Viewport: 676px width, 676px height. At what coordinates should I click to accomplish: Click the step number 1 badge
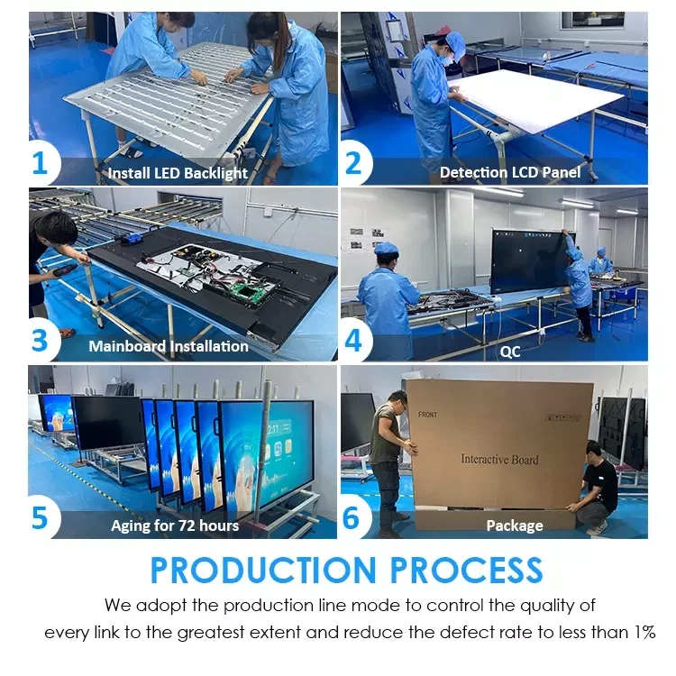[x=41, y=164]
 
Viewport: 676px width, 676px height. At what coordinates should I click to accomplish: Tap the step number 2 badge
[x=355, y=164]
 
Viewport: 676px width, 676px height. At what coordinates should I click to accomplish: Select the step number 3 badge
[x=41, y=341]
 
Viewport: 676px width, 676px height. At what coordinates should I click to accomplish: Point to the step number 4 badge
[x=354, y=341]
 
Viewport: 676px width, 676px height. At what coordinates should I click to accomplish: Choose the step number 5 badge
[x=41, y=517]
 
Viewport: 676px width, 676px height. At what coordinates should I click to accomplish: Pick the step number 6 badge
[x=352, y=517]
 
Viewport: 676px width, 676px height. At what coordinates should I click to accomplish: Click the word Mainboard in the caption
[x=127, y=346]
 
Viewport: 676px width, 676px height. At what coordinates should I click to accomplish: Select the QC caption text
[x=510, y=352]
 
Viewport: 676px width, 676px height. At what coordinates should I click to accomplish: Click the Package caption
[x=515, y=525]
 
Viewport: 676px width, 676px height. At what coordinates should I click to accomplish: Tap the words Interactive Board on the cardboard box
[x=499, y=459]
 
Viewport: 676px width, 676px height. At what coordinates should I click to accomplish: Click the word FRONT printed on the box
[x=427, y=415]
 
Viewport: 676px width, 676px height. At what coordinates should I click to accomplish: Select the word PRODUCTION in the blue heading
[x=263, y=570]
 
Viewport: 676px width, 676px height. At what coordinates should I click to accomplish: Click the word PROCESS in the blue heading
[x=467, y=570]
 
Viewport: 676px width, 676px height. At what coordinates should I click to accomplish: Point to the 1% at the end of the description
[x=644, y=633]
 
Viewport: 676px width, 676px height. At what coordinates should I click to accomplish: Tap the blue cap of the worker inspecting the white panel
[x=455, y=44]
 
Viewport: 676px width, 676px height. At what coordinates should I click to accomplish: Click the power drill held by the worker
[x=64, y=270]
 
